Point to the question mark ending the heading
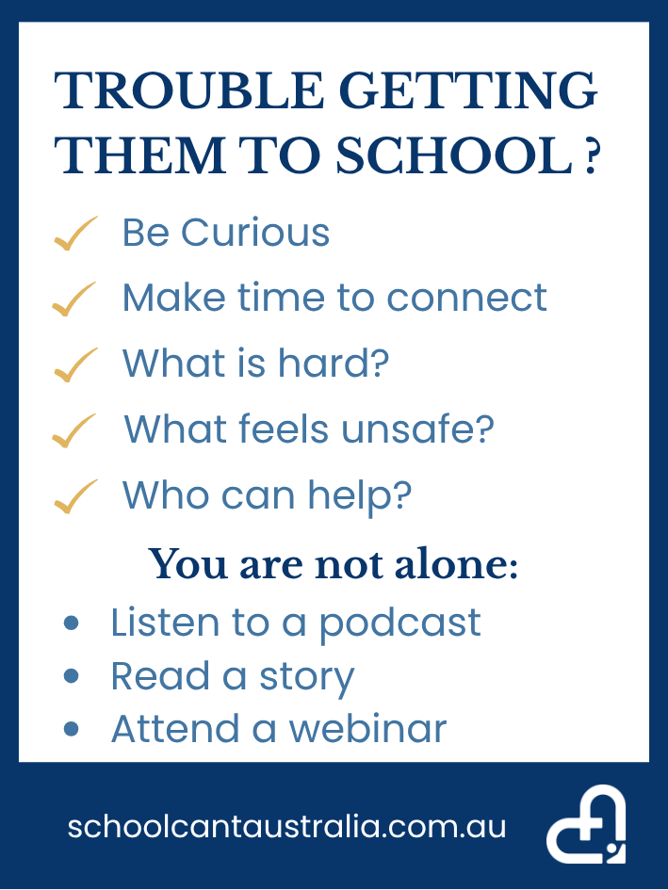point(591,156)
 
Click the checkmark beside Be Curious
point(75,234)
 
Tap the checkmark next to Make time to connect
point(73,299)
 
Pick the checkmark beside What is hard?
point(75,364)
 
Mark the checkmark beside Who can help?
point(75,496)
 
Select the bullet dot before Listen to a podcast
point(71,623)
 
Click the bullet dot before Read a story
point(71,676)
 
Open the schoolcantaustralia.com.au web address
point(286,827)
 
